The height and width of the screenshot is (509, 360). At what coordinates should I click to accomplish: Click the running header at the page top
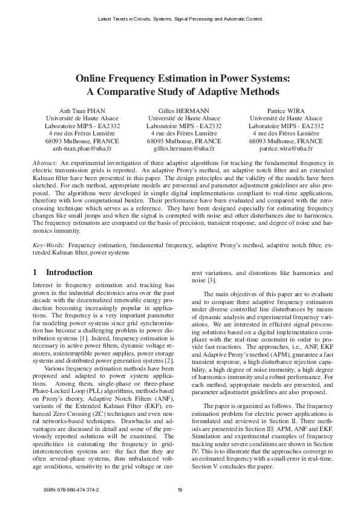click(180, 19)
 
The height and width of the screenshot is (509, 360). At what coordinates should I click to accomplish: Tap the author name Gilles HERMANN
click(180, 111)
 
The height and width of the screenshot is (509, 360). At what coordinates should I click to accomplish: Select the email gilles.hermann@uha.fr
click(180, 148)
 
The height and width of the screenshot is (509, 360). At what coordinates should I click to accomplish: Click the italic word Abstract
click(45, 164)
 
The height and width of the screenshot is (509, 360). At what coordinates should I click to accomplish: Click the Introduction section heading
click(69, 273)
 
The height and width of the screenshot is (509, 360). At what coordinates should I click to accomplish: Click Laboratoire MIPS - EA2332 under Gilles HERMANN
click(180, 126)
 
